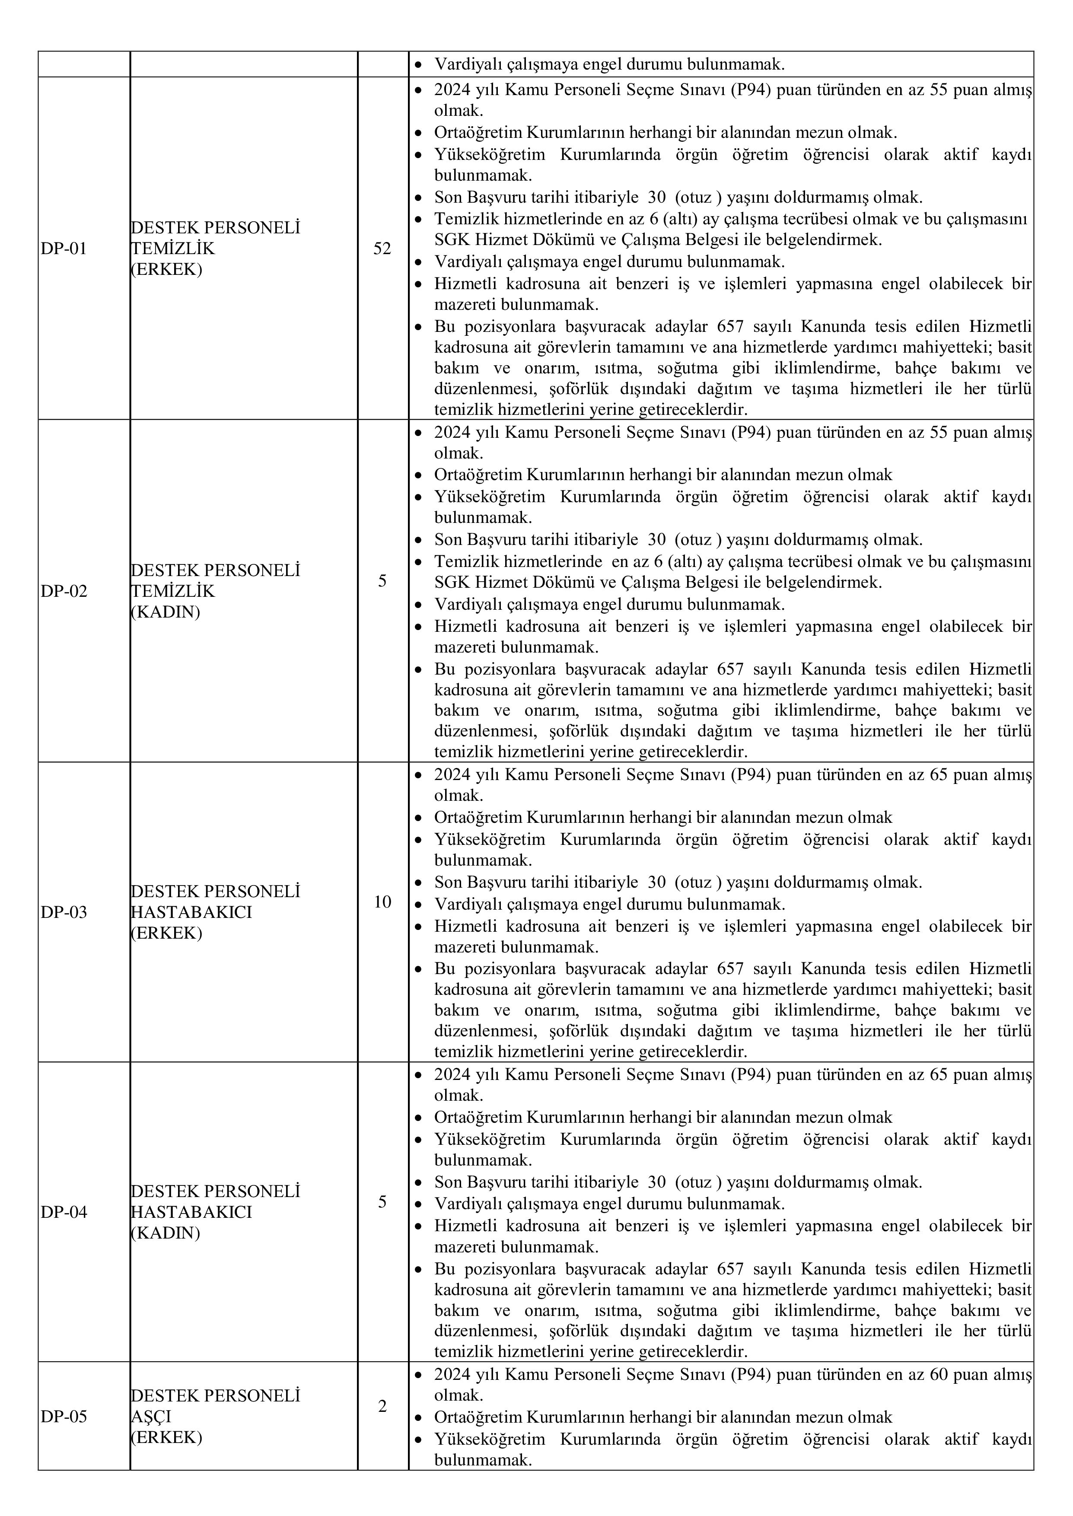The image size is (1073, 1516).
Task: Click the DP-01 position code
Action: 64,249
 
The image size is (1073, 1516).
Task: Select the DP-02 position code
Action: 64,591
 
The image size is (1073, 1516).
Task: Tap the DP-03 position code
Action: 64,912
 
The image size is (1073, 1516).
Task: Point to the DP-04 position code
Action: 64,1212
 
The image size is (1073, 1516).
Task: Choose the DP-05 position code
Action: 64,1417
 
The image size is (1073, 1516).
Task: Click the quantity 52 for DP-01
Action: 382,248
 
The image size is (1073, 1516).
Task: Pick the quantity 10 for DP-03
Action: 382,901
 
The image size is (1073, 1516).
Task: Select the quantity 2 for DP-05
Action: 382,1406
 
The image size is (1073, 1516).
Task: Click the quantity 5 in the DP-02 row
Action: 382,581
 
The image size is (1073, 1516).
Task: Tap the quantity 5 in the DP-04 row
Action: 382,1201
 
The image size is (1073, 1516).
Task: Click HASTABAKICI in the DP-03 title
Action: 191,912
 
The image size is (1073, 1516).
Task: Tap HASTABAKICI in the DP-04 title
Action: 191,1212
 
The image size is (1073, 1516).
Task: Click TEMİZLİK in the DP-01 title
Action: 173,249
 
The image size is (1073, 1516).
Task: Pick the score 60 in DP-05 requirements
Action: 939,1375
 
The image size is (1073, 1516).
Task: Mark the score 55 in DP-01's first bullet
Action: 939,90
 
